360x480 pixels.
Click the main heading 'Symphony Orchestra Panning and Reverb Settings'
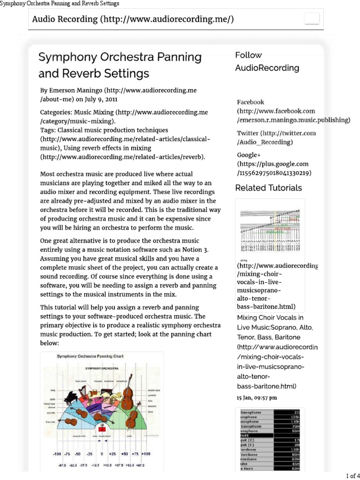pyautogui.click(x=120, y=65)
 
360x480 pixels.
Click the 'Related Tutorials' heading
pyautogui.click(x=268, y=188)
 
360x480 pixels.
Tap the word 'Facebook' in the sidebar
pyautogui.click(x=250, y=102)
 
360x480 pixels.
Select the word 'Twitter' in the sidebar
pyautogui.click(x=247, y=133)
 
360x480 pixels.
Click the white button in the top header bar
pyautogui.click(x=312, y=19)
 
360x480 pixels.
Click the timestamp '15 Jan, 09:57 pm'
pyautogui.click(x=256, y=397)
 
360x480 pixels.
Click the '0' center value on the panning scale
pyautogui.click(x=102, y=454)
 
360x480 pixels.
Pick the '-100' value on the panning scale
pyautogui.click(x=57, y=454)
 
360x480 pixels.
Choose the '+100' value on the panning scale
pyautogui.click(x=146, y=454)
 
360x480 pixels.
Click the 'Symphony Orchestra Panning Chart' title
pyautogui.click(x=90, y=356)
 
